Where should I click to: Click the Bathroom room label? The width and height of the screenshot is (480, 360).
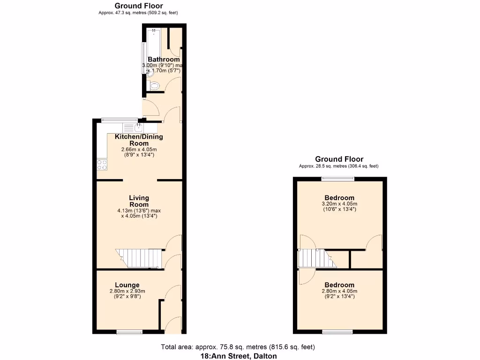tap(164, 60)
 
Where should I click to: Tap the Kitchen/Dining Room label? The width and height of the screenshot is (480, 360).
tap(139, 140)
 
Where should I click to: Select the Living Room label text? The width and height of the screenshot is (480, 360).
tap(139, 201)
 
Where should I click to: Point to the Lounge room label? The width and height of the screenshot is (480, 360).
tap(127, 285)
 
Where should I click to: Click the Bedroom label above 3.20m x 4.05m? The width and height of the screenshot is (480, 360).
tap(339, 198)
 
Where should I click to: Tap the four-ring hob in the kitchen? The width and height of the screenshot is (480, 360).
tap(102, 164)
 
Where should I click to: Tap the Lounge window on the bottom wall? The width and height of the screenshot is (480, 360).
tap(129, 332)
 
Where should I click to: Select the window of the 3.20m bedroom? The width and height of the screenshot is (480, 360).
tap(337, 178)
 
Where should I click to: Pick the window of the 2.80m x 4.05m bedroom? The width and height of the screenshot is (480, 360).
tap(337, 332)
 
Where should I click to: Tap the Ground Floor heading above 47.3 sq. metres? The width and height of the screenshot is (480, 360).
tap(139, 6)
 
